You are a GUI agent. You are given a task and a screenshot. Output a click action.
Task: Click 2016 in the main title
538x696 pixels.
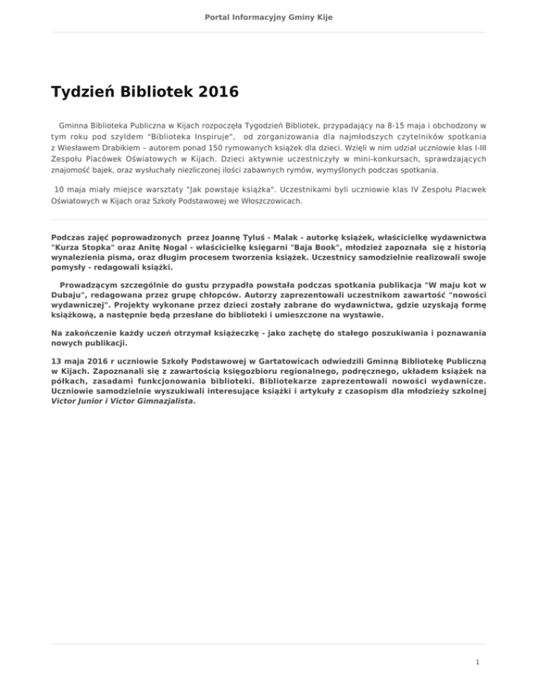pyautogui.click(x=209, y=92)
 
